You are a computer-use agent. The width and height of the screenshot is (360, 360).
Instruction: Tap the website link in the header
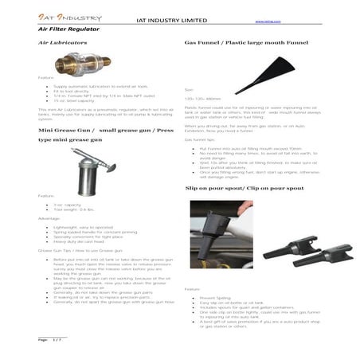264,22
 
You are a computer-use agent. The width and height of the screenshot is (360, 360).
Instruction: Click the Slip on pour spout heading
244,189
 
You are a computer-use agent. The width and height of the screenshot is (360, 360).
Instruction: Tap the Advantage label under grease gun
49,218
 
